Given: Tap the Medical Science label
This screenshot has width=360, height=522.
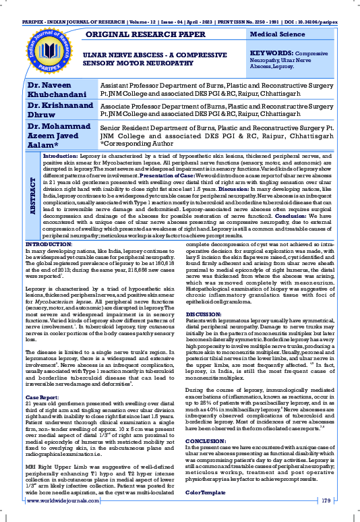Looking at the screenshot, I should coord(278,34).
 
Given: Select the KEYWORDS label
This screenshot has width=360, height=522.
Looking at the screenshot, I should coord(273,51).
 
